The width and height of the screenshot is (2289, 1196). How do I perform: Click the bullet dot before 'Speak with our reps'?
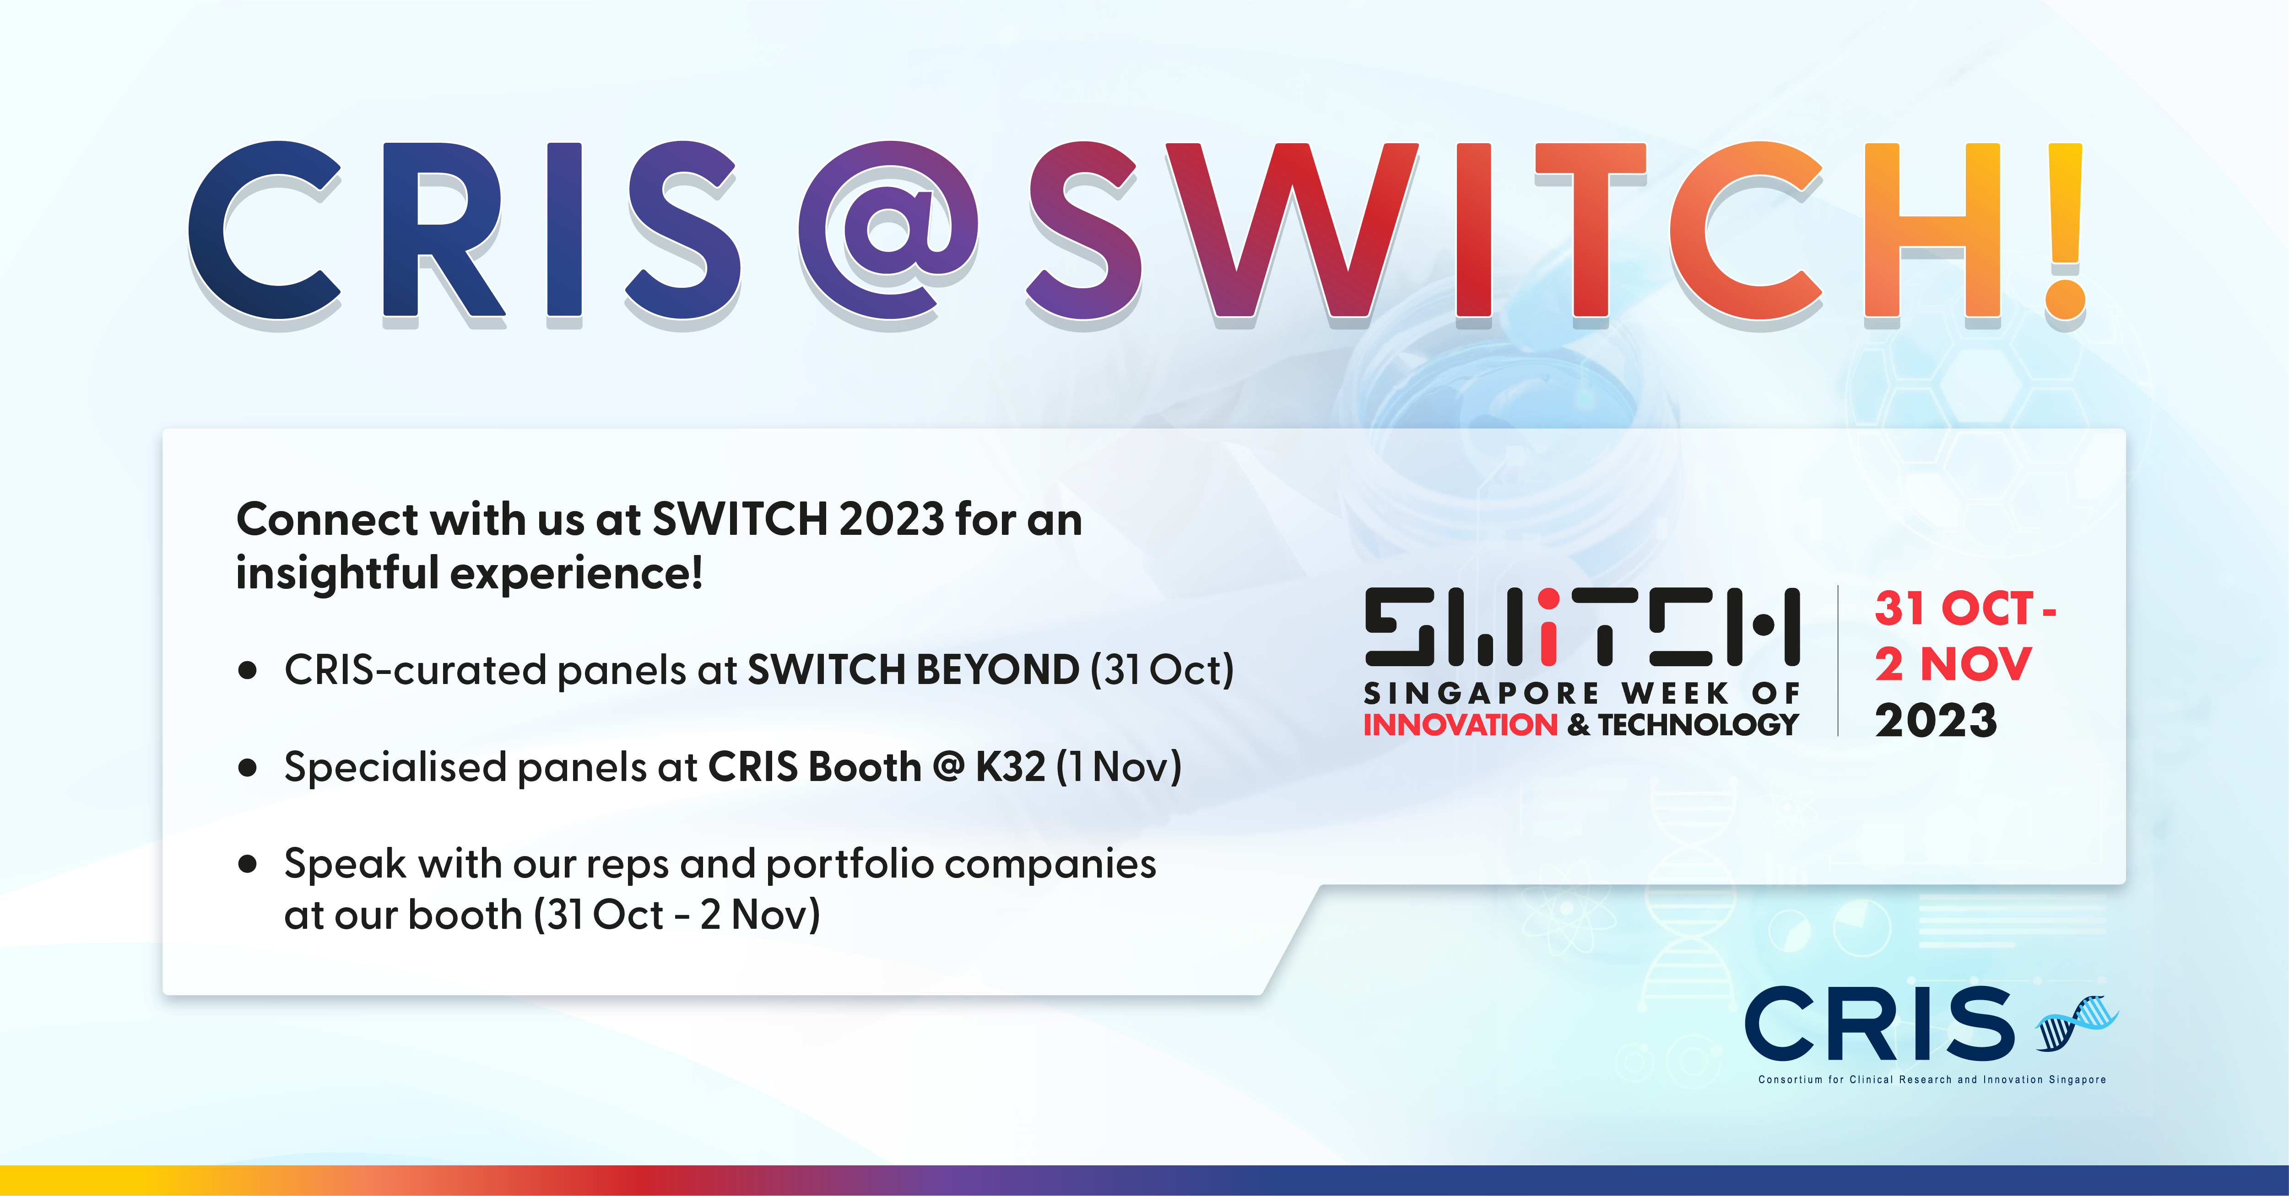tap(248, 864)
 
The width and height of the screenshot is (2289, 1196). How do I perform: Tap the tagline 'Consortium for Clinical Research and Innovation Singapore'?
tap(1932, 1080)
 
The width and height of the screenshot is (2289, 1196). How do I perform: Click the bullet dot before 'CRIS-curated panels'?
tap(248, 671)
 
